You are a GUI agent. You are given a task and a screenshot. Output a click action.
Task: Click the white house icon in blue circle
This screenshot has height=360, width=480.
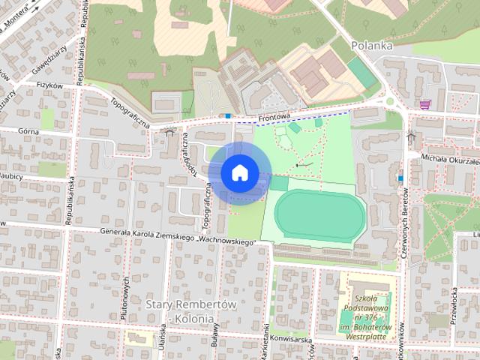[238, 172]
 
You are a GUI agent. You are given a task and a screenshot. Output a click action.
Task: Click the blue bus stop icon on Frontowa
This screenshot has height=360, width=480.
[228, 115]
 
